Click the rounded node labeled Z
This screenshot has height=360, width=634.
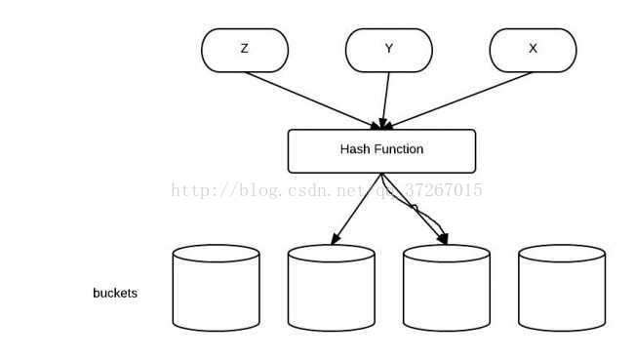(x=245, y=50)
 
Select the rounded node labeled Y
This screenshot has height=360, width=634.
(x=388, y=50)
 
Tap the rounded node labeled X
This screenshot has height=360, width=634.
(x=533, y=50)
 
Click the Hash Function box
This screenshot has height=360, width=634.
(x=381, y=151)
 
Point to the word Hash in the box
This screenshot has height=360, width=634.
(x=354, y=150)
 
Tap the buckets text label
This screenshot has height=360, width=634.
(x=115, y=293)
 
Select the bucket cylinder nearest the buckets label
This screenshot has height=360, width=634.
(x=216, y=288)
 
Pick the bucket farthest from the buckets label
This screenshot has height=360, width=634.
(x=561, y=288)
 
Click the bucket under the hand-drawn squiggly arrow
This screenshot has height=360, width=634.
(x=446, y=288)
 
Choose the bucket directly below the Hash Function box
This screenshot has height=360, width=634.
(x=331, y=288)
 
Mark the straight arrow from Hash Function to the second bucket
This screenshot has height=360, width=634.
(x=356, y=208)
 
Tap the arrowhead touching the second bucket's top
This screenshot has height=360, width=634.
(x=336, y=239)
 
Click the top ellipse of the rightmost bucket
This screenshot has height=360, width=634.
(x=561, y=254)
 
